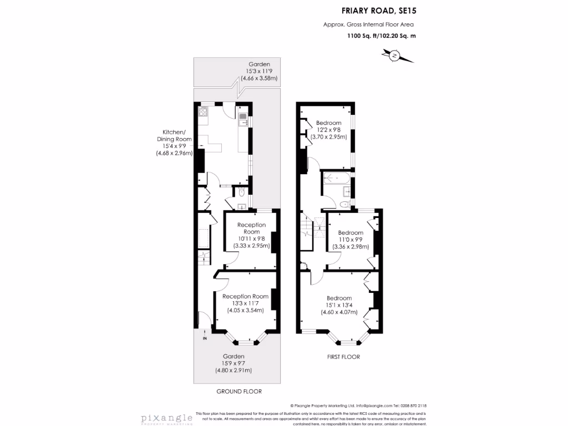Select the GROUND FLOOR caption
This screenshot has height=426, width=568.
coord(239,391)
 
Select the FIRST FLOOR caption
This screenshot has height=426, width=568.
coord(343,357)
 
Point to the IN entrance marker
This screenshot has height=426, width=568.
coord(205,338)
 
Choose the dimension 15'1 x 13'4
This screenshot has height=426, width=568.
coord(339,305)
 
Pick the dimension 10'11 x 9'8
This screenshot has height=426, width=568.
coord(251,239)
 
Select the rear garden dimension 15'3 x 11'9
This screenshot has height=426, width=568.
coord(258,72)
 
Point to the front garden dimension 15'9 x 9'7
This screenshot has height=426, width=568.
coord(234,363)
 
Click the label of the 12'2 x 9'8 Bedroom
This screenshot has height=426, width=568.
coord(328,123)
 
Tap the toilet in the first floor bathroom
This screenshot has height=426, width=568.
coord(343,204)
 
